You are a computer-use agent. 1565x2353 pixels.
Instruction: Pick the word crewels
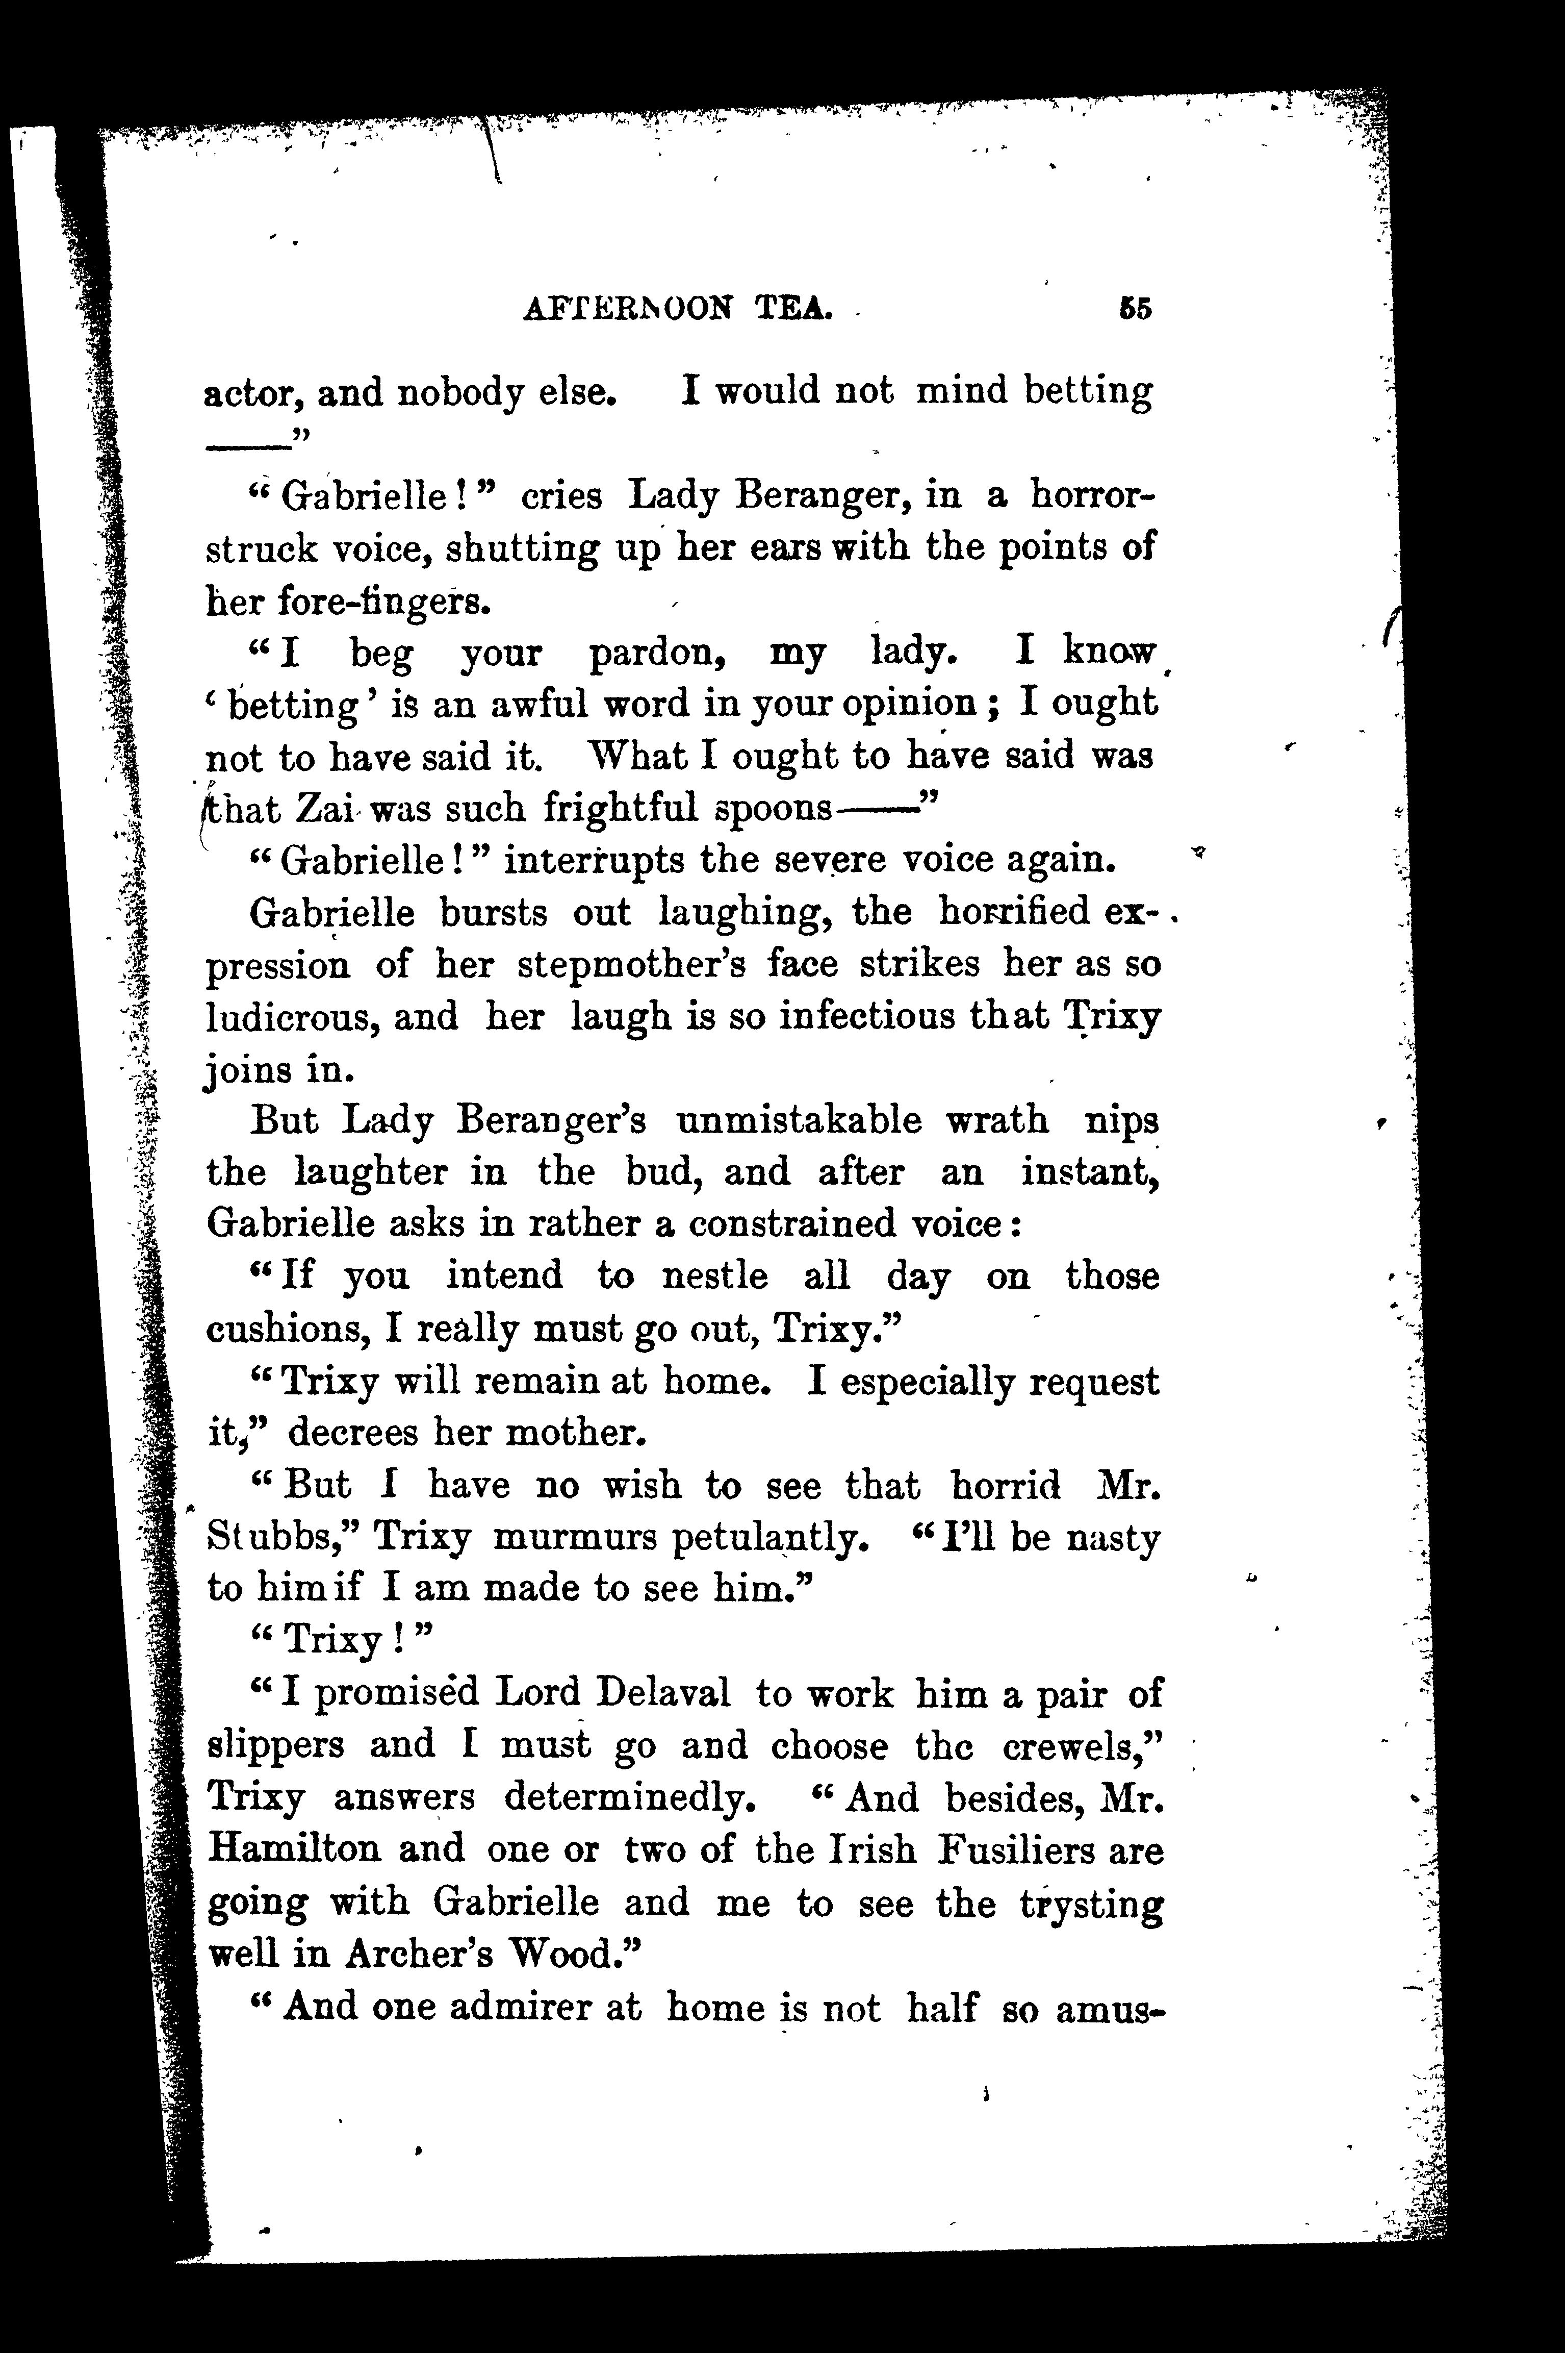(x=1083, y=1746)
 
